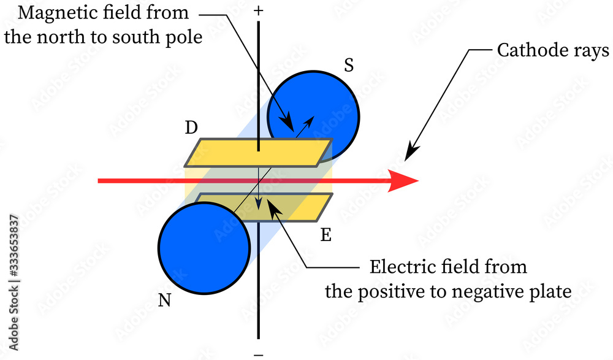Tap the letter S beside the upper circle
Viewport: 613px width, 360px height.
click(x=348, y=66)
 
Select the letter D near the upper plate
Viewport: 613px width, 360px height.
click(x=191, y=128)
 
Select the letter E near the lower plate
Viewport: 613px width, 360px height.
click(x=326, y=235)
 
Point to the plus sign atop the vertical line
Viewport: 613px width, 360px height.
click(x=259, y=10)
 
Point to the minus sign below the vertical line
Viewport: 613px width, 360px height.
click(x=259, y=354)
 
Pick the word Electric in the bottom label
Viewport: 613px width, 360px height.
click(x=399, y=267)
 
